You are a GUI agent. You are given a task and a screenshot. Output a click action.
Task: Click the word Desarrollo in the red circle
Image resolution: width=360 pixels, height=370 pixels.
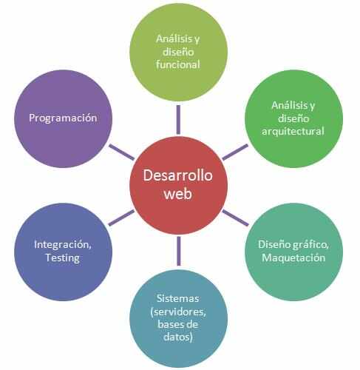[x=177, y=175]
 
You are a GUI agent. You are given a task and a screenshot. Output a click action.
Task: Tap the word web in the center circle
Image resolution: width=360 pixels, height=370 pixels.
[x=177, y=194]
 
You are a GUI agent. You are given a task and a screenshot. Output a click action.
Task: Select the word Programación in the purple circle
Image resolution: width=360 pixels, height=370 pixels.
[x=63, y=118]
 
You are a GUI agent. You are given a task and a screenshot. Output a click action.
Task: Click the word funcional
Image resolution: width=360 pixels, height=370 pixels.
[x=177, y=64]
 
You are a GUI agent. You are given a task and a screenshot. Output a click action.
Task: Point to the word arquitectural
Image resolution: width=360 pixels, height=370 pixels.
[x=293, y=131]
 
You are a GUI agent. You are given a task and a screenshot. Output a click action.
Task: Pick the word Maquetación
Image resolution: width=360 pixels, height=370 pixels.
[x=293, y=258]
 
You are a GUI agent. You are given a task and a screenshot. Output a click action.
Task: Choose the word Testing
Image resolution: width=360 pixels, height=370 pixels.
[x=63, y=258]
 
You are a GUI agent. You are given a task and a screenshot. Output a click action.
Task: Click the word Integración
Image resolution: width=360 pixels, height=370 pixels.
[x=63, y=245]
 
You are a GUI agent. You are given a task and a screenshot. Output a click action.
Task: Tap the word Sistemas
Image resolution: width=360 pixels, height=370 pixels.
[x=177, y=298]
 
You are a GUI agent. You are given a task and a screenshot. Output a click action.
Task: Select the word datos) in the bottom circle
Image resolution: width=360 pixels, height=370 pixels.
[x=178, y=337]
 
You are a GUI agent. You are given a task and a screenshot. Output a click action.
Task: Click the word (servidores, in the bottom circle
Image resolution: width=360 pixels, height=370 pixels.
[x=178, y=312]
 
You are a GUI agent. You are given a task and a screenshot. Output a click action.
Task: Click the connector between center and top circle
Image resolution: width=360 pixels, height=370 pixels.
[x=178, y=120]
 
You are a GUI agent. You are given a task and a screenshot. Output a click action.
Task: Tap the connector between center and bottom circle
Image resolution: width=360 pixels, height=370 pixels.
[x=179, y=251]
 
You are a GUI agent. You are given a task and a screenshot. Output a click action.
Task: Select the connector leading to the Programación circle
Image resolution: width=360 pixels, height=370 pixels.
[x=121, y=152]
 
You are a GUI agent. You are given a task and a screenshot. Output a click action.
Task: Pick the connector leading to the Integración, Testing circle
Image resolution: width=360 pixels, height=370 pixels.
[x=121, y=218]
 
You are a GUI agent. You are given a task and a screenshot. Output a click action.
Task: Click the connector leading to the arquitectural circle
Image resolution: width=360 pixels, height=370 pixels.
[x=235, y=152]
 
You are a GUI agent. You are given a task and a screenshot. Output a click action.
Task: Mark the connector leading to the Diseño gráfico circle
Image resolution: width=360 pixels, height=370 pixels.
[x=235, y=218]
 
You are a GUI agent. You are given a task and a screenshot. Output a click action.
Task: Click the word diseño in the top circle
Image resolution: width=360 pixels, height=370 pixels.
[x=178, y=52]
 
